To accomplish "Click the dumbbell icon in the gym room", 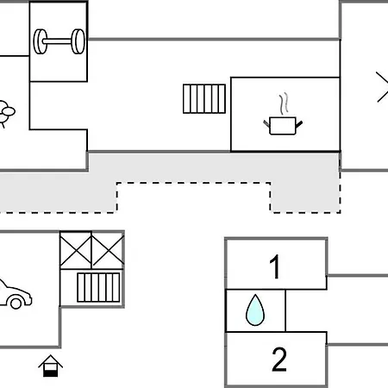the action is point(59,41).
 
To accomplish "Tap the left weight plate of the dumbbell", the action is point(41,41).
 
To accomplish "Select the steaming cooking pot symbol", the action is point(283,114).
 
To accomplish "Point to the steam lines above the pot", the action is point(284,103).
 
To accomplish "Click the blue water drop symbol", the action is point(255,310).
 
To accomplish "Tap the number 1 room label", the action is point(275,266).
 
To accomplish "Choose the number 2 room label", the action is point(279,359).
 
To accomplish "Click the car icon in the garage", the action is point(15,294).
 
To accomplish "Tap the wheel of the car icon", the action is point(16,303).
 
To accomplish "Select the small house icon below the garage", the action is point(51,366).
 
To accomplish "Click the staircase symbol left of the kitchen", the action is point(204,98).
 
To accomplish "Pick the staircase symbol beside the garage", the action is point(98,287).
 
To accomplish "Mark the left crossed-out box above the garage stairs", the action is point(76,250).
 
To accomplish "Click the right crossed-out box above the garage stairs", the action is point(108,250).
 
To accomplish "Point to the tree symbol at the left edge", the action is point(6,113).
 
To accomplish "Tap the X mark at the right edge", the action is point(382,87).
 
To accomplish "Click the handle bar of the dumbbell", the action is point(59,41).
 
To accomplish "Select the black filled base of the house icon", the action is point(51,373).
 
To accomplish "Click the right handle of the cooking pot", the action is point(299,124).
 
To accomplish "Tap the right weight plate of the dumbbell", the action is point(78,41).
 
